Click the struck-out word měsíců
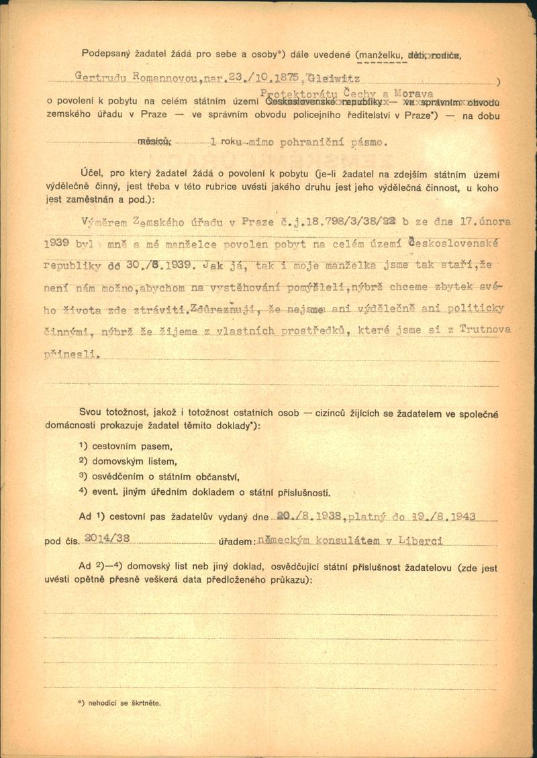pos(154,142)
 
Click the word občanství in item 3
pos(217,477)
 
